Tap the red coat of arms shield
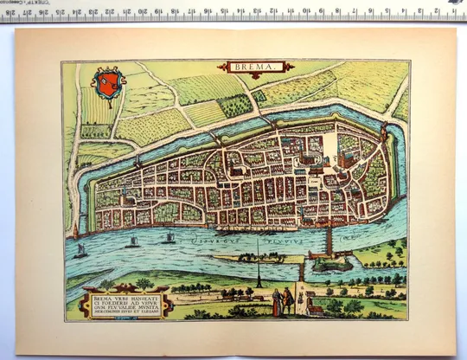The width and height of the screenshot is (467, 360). [106, 85]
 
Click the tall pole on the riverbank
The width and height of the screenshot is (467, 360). [257, 260]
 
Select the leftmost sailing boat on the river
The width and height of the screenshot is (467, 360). [80, 250]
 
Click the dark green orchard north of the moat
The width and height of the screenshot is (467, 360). [234, 105]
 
